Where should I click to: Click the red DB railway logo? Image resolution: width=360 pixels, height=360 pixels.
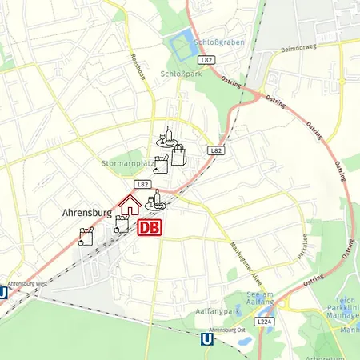150,228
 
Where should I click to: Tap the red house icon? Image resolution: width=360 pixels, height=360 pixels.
130,205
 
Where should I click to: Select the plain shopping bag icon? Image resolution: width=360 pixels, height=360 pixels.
178,154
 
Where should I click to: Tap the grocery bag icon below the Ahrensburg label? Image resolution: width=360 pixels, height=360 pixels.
86,236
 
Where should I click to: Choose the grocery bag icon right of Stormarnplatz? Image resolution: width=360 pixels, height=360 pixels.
162,166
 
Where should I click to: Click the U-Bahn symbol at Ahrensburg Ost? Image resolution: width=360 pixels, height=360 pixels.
207,340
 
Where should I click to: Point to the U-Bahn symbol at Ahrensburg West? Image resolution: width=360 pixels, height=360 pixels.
3,293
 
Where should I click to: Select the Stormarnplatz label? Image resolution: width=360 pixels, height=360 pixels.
128,163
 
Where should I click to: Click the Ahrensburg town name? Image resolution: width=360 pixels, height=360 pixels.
87,214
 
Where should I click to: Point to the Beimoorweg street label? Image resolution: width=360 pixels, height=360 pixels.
298,49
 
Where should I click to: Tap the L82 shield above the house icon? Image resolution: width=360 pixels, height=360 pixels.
143,184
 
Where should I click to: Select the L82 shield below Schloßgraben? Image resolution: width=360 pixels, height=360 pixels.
206,60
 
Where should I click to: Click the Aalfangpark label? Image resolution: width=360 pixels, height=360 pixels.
218,309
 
